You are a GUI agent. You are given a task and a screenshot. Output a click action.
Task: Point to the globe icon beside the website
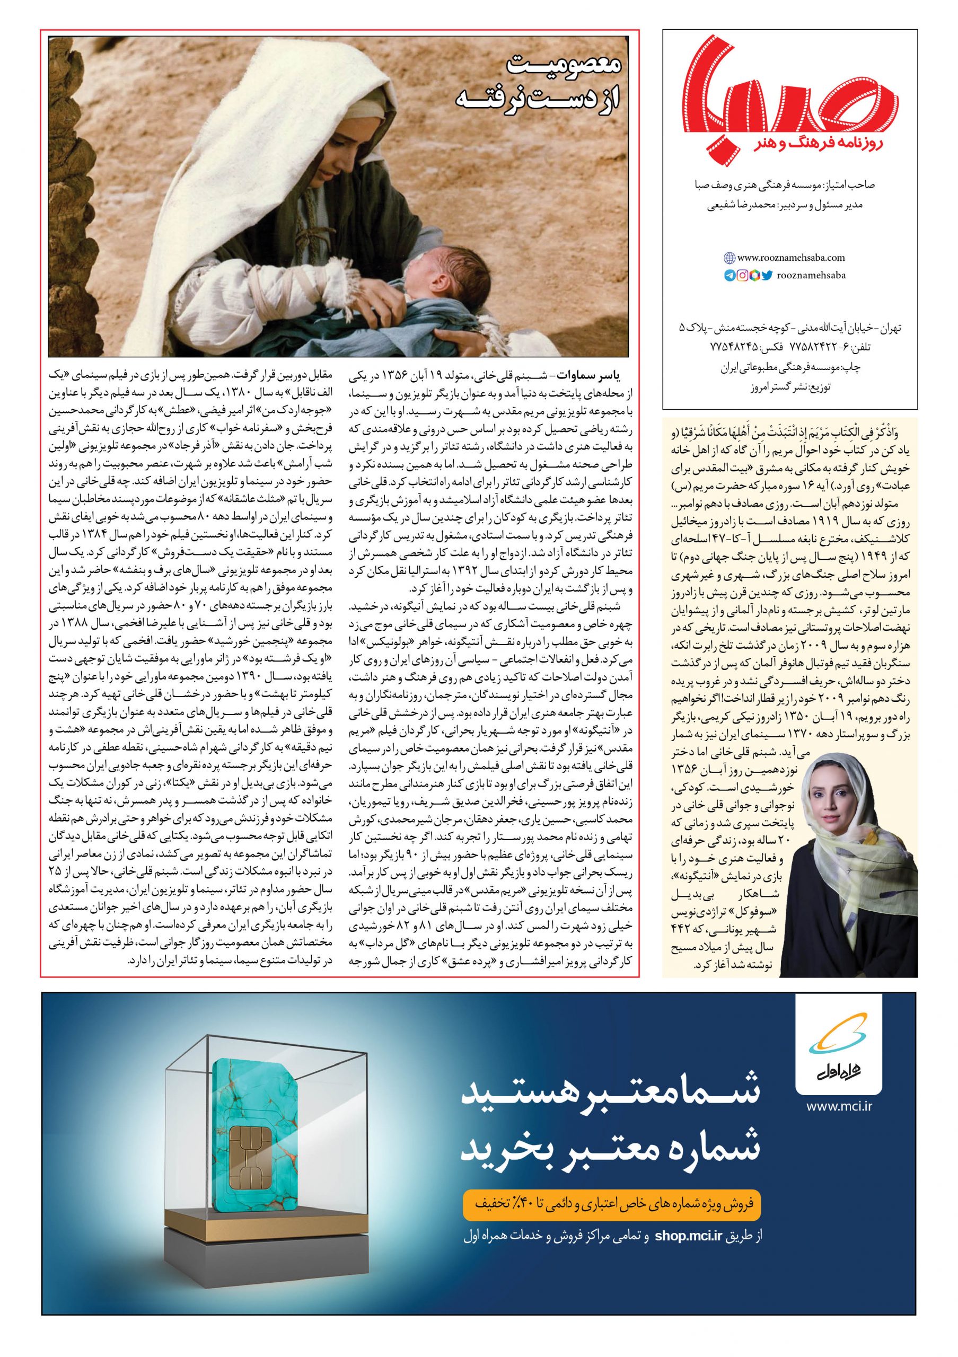pos(730,258)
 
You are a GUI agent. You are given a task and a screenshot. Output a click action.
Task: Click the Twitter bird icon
pos(767,275)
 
